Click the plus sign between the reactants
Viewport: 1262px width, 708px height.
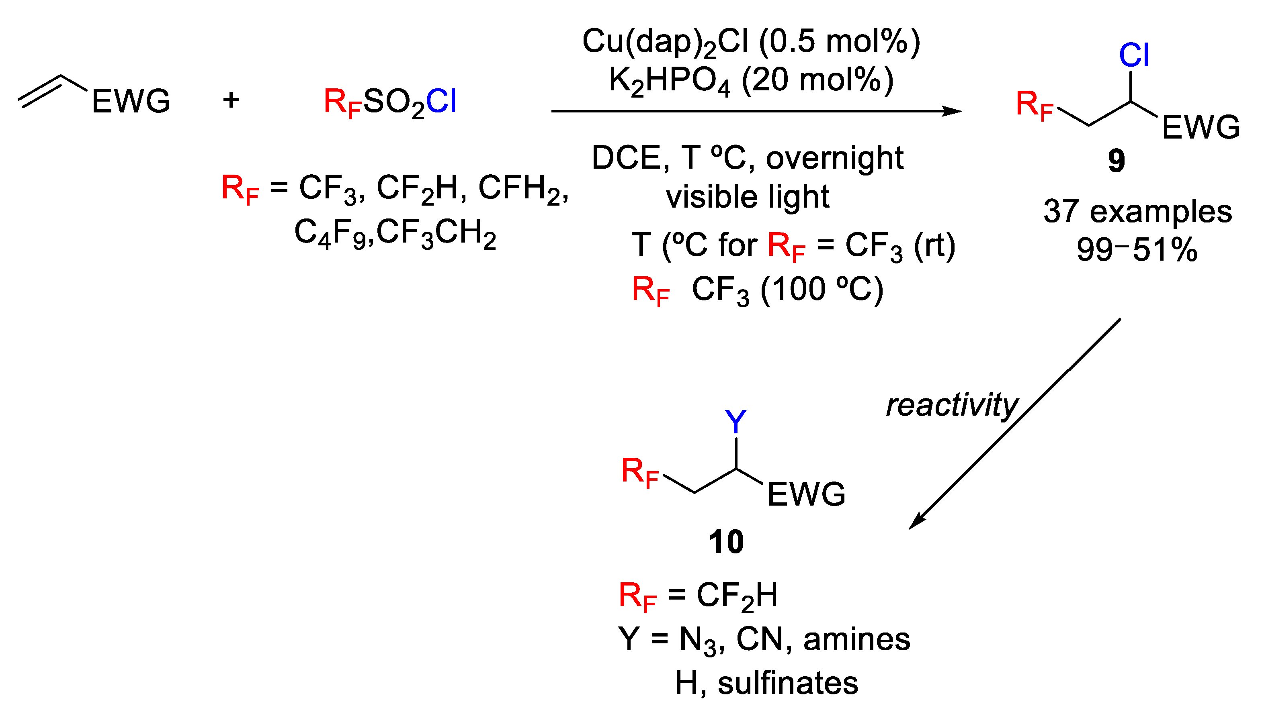[231, 100]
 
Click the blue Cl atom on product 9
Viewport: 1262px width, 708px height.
[1134, 55]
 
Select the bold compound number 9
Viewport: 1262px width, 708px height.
[1117, 161]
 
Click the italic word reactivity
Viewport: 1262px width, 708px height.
[952, 406]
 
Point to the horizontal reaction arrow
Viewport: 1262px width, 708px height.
[754, 112]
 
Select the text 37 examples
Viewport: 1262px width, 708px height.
[1137, 212]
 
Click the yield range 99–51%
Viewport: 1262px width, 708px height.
[1137, 250]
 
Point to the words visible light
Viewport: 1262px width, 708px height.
[747, 197]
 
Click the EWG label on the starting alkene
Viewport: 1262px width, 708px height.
[131, 101]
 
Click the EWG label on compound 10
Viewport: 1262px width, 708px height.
[806, 494]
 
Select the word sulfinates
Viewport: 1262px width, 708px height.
[788, 683]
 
